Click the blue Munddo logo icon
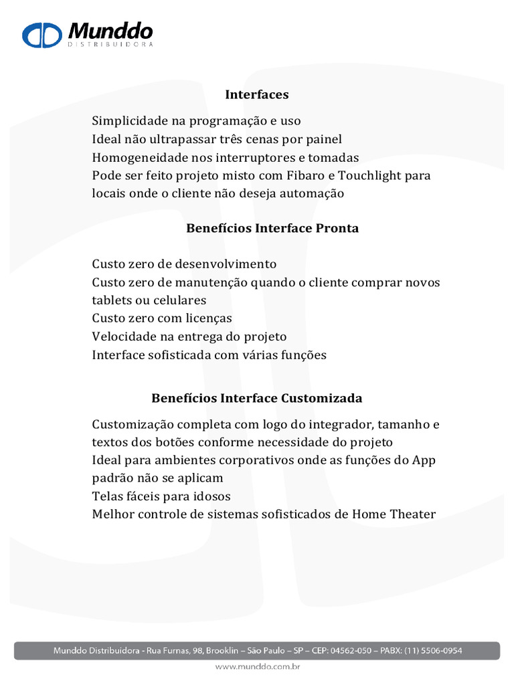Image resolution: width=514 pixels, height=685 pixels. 43,34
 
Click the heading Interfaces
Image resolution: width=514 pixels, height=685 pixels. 257,94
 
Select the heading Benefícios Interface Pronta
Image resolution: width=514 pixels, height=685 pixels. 272,228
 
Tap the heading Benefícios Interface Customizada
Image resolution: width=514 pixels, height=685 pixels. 257,398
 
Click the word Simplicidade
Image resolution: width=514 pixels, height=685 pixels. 130,121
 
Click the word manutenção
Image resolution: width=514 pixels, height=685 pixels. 211,282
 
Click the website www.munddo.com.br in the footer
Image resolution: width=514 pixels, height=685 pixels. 257,667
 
